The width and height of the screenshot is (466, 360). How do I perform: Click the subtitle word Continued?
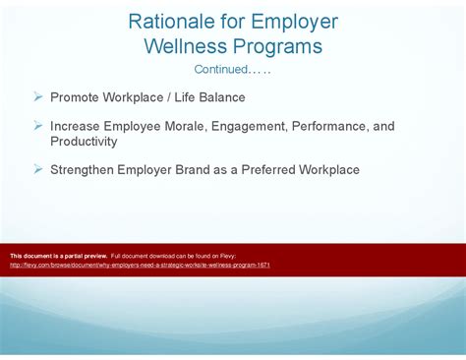coord(220,70)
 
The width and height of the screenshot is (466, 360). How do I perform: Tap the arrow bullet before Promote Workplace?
coord(37,96)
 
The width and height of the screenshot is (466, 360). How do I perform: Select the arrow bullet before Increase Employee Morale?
coord(37,126)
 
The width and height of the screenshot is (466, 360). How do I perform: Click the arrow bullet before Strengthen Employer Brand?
coord(37,169)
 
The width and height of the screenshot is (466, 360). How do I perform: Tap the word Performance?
coord(339,126)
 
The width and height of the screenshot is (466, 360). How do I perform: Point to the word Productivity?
coord(84,141)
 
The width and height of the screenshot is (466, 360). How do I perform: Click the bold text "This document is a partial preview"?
coord(58,255)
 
